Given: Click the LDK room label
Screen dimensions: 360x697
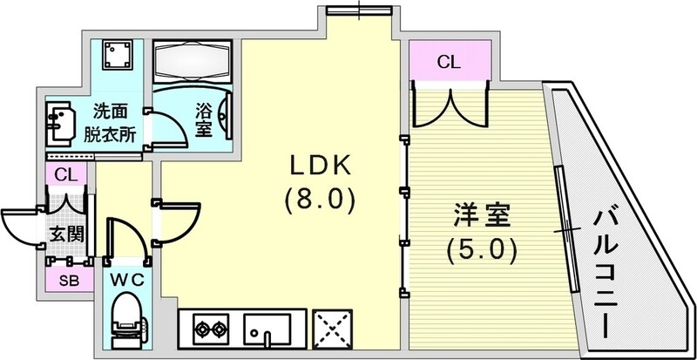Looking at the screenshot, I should pyautogui.click(x=319, y=166).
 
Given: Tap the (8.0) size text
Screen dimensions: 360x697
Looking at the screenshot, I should pyautogui.click(x=319, y=201).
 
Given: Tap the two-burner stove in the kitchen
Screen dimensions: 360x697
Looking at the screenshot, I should pyautogui.click(x=206, y=330).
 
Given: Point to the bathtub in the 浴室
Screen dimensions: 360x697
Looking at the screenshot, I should pyautogui.click(x=192, y=60).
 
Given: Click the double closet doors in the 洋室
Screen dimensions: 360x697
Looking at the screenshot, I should pyautogui.click(x=449, y=104).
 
